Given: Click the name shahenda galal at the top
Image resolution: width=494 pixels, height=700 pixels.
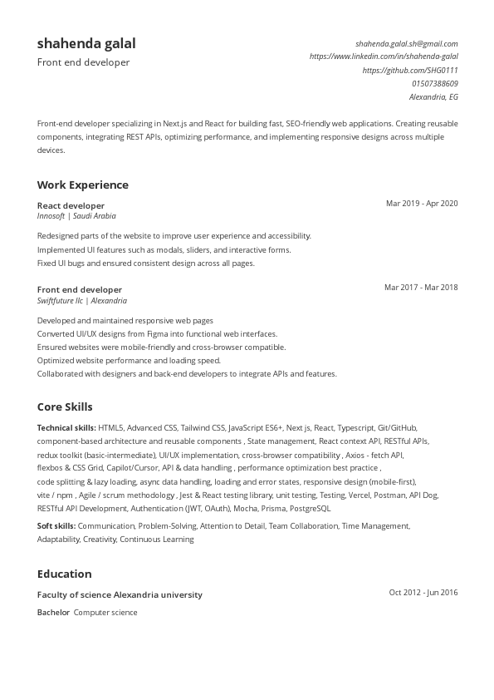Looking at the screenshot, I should click(x=86, y=43).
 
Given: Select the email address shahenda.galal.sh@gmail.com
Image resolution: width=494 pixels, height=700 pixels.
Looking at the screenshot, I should click(x=406, y=43).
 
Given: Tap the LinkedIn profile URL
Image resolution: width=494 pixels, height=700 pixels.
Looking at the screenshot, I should click(x=384, y=57).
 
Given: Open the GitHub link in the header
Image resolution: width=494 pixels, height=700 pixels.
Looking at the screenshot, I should click(x=410, y=70).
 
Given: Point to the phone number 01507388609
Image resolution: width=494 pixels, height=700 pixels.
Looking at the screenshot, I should click(x=434, y=83).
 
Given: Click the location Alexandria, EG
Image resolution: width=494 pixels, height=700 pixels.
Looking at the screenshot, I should click(x=433, y=96).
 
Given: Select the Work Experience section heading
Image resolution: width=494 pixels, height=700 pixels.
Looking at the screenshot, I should click(x=83, y=185).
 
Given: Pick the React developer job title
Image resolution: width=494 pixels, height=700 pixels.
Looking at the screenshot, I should click(x=71, y=205).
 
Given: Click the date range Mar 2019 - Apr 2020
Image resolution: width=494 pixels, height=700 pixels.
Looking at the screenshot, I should click(x=422, y=203).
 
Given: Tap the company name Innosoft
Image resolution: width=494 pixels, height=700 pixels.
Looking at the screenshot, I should click(x=51, y=215).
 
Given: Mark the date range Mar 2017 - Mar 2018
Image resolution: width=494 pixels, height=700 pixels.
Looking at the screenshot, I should click(x=421, y=288).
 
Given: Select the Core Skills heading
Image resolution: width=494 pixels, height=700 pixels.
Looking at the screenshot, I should click(x=65, y=407).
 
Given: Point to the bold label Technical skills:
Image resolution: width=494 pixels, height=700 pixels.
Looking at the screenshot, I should click(x=66, y=427).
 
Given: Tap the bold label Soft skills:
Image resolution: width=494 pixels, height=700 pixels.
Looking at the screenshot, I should click(x=56, y=525).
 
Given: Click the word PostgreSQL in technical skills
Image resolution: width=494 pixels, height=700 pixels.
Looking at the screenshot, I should click(x=310, y=508).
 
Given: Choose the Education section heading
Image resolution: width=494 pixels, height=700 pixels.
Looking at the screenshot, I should click(x=65, y=574).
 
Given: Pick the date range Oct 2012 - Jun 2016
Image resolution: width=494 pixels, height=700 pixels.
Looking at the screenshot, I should click(x=423, y=593).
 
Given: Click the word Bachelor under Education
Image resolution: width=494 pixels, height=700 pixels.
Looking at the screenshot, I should click(x=53, y=613).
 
